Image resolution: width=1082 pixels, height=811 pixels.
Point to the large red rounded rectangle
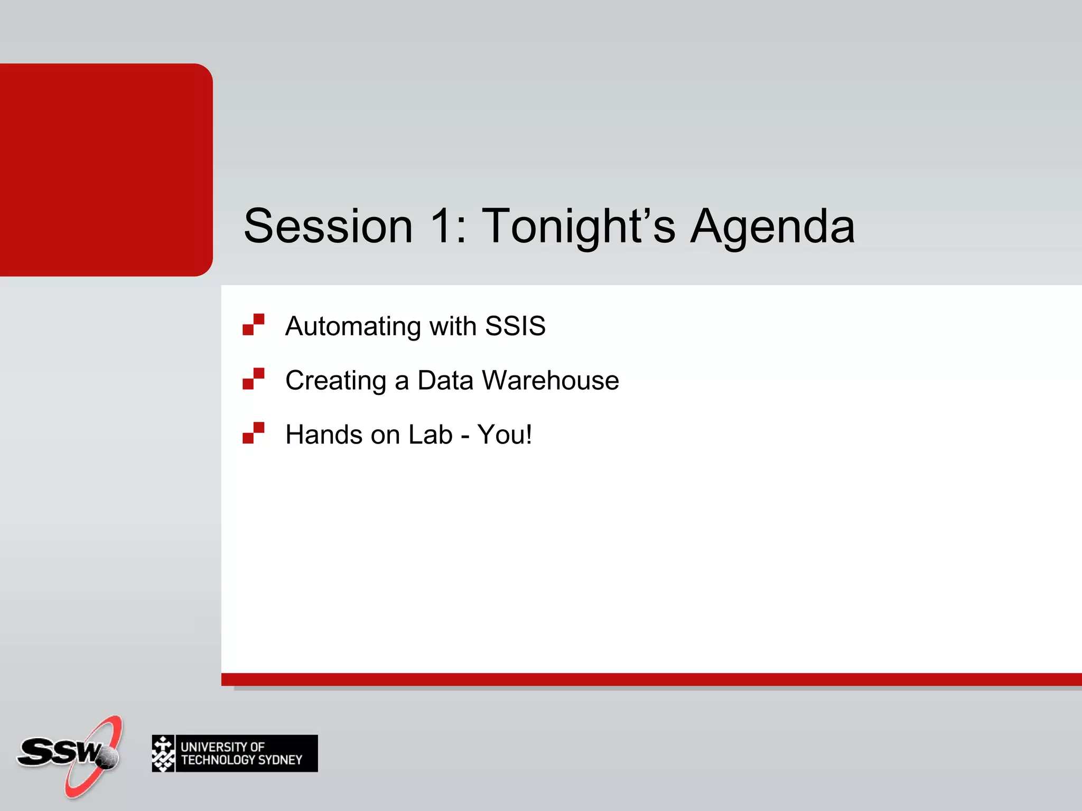[106, 169]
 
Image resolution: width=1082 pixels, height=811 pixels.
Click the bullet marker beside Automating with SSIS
[254, 325]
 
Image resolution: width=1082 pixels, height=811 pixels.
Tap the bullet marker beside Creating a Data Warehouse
[254, 379]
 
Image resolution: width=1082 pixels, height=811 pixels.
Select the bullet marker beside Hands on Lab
[254, 433]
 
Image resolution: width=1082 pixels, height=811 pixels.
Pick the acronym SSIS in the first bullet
[515, 326]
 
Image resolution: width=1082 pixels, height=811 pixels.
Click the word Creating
[336, 381]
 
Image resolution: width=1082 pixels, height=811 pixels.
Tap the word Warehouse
[551, 380]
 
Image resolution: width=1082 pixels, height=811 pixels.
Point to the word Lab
[431, 435]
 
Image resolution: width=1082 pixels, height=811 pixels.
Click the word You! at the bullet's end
[505, 435]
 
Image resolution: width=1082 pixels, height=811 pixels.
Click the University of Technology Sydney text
[241, 753]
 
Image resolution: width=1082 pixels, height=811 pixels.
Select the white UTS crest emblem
[163, 753]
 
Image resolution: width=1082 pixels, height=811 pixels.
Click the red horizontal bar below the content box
[651, 679]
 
